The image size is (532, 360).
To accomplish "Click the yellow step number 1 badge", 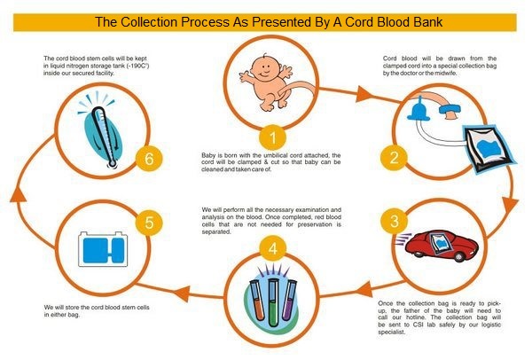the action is coord(273,138).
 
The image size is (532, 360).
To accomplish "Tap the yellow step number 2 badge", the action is coord(394,158).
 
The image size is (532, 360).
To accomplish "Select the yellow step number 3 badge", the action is coord(394,221).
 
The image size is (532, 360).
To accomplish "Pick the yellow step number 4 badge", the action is coord(273,248).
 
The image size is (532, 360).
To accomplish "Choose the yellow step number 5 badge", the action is coord(149,223).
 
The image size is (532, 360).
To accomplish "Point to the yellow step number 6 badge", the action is coord(149,159).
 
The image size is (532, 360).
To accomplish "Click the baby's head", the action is coord(263,67).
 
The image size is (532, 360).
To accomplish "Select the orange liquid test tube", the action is coord(257,301).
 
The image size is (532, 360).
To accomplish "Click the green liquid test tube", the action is coord(273,302).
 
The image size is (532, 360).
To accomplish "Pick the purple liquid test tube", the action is coord(289,300).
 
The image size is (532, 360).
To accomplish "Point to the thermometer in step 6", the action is coord(104,137).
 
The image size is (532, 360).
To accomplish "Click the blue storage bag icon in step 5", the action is coord(103,249).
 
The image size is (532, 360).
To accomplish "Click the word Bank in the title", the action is coord(427,21).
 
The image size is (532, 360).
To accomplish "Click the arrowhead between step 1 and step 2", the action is coord(364,94).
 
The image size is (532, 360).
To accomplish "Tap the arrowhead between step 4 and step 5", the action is coord(182,293).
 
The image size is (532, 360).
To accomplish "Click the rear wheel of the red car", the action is coord(458,256).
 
